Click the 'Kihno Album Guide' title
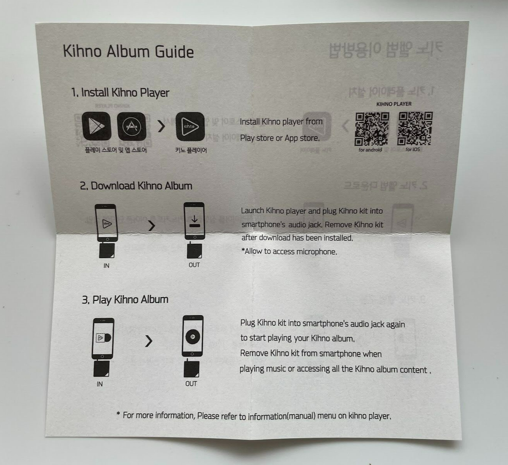coord(128,52)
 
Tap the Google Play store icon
coord(97,126)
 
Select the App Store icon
coord(132,126)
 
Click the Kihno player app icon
coord(190,126)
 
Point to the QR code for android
coord(372,129)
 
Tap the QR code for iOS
coord(415,129)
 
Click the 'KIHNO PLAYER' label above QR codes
coord(394,104)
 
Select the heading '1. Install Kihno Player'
coord(120,93)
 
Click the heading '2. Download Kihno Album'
coord(136,186)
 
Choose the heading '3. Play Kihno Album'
coord(125,300)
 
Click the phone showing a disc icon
coord(192,337)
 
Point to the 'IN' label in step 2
coord(106,266)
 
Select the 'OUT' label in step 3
coord(191,384)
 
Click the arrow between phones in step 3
coord(149,341)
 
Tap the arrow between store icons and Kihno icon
coord(161,126)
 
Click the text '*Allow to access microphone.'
coord(289,251)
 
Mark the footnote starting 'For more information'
coord(254,415)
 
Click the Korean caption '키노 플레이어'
coord(191,150)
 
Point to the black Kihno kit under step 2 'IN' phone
coord(106,251)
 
